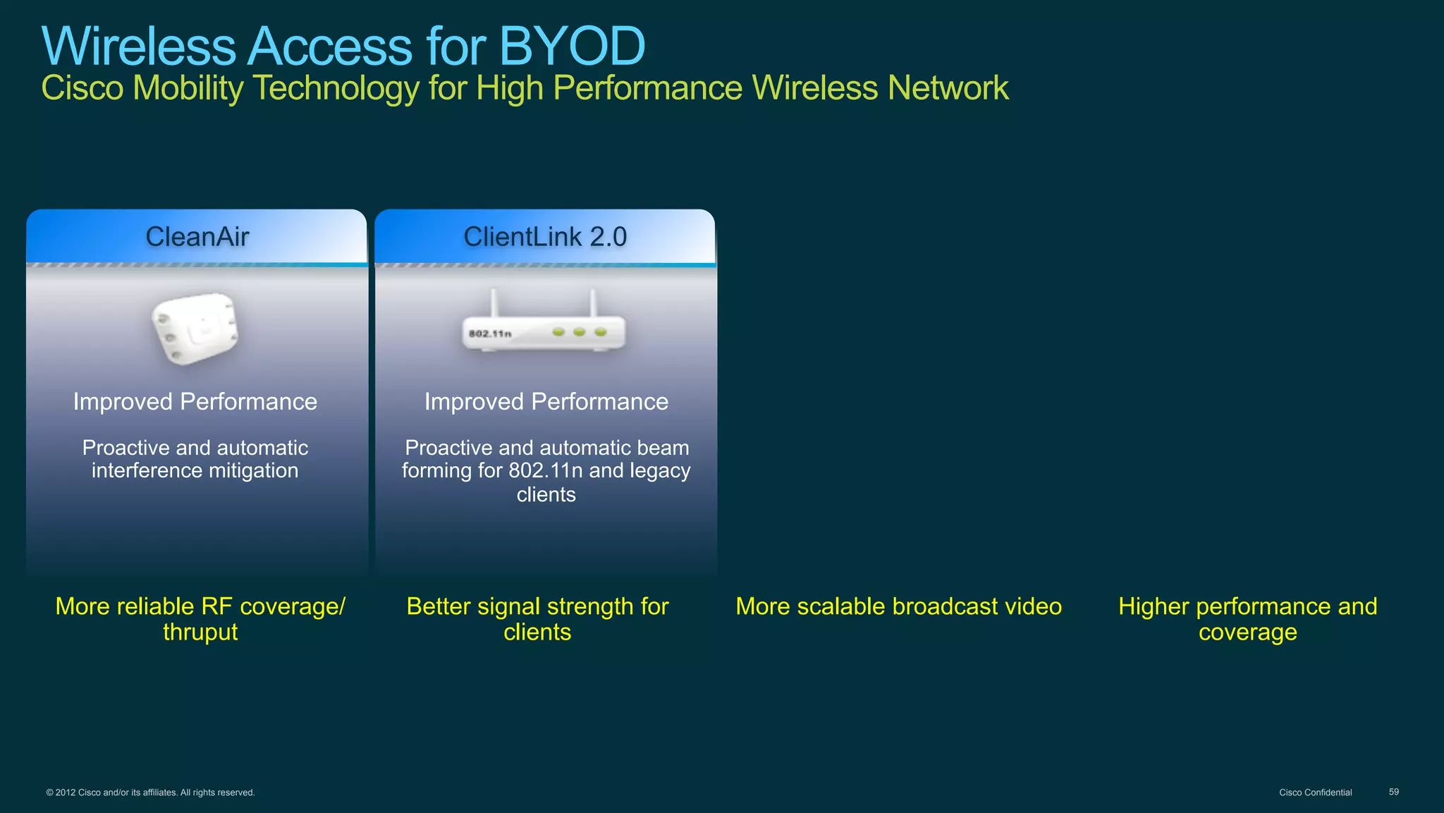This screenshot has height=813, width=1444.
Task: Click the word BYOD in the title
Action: [x=572, y=47]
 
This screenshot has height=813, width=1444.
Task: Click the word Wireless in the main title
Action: [x=138, y=47]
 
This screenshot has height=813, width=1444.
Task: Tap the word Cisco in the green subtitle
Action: [x=82, y=89]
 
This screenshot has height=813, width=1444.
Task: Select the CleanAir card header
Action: [x=197, y=237]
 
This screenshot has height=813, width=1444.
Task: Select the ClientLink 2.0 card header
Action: [x=545, y=237]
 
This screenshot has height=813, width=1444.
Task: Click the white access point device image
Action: [x=195, y=329]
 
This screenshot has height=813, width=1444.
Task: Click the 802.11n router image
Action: [x=544, y=331]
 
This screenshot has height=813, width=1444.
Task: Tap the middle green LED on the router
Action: [x=580, y=331]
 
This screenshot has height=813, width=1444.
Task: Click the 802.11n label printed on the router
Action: [x=490, y=334]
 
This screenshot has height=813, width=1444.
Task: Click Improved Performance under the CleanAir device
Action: [x=195, y=402]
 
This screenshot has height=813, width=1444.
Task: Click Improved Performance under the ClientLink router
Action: [x=546, y=402]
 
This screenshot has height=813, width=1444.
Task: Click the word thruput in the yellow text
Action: [x=200, y=632]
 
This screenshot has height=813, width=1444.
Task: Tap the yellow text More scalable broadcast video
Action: [x=898, y=606]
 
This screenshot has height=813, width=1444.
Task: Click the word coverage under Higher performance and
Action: [x=1247, y=632]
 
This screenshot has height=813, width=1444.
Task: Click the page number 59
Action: [x=1393, y=792]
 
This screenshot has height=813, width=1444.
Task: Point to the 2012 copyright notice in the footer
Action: [x=150, y=793]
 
